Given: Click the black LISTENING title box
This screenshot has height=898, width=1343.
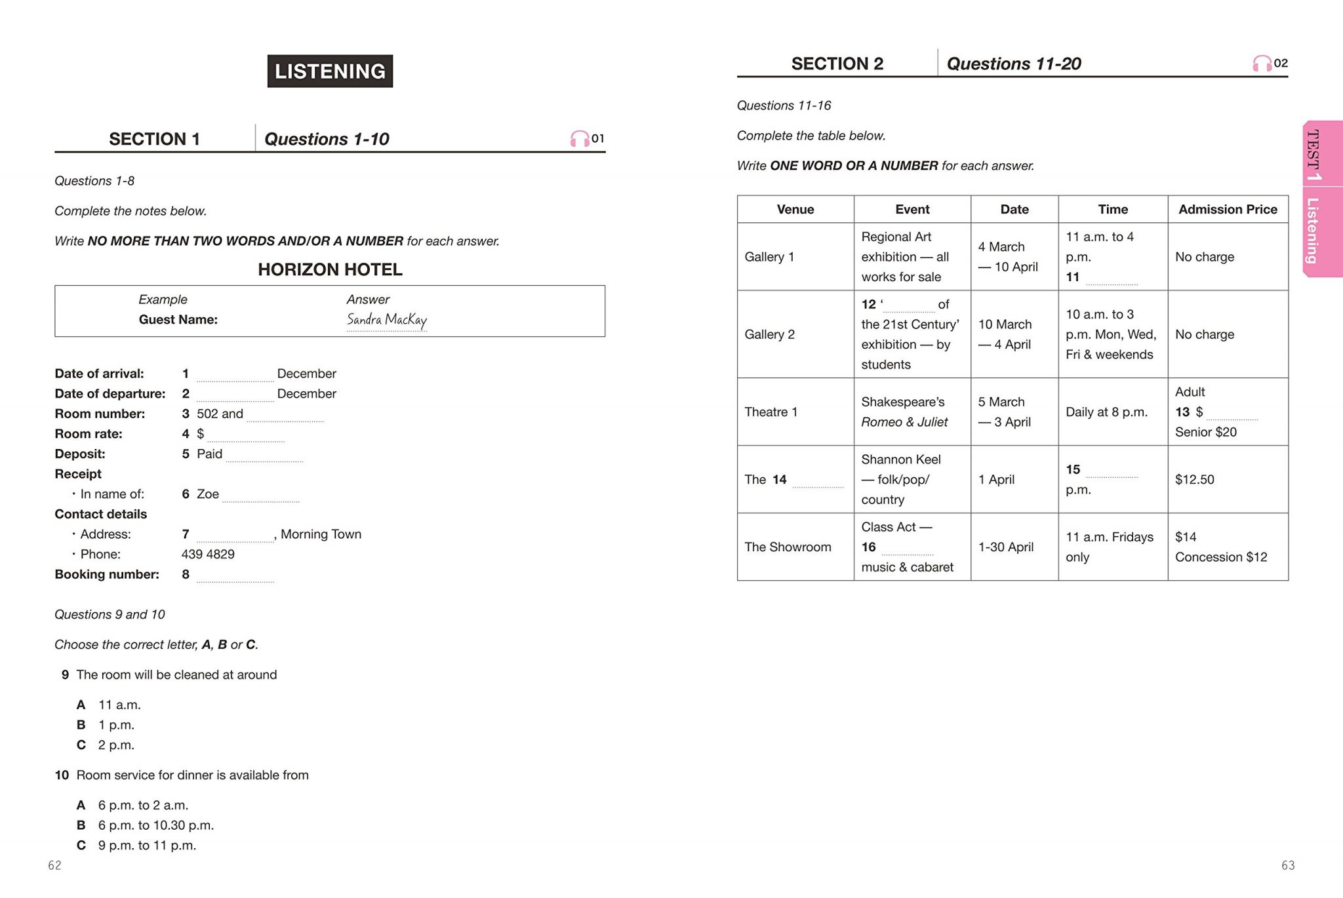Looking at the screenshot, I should click(330, 71).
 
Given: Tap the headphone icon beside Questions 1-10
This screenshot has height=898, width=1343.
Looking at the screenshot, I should click(580, 138).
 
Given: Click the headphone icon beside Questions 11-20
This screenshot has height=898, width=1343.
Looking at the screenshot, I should click(1262, 64).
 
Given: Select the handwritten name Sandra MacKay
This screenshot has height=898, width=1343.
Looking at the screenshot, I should click(386, 320).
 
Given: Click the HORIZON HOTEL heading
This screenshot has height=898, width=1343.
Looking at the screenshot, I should click(330, 269).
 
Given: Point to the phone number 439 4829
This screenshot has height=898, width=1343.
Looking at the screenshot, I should click(208, 554).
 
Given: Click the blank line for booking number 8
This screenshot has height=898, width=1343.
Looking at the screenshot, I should click(235, 577).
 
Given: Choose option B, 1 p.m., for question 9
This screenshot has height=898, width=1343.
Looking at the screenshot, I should click(116, 725).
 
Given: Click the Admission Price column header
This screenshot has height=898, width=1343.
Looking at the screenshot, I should click(1228, 209).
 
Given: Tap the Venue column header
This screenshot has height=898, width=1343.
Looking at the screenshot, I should click(795, 209).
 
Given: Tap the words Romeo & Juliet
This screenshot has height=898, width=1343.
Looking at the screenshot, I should click(904, 422).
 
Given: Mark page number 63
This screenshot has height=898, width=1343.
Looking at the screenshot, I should click(1288, 865).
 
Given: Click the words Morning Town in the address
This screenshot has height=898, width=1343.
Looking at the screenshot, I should click(321, 534).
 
